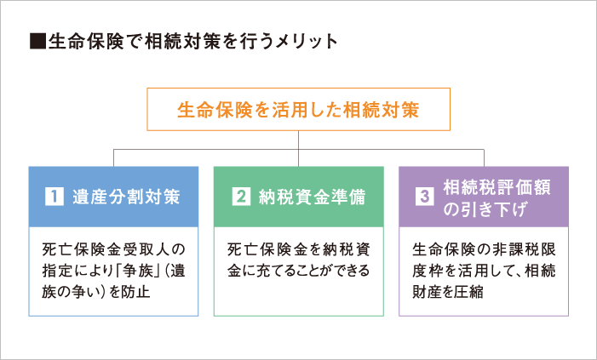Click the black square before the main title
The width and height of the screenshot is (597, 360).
coord(37,42)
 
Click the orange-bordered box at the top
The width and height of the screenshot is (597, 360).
coord(298,89)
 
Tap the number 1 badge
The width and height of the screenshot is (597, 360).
coord(54,197)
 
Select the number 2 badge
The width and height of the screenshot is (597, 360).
coord(241,197)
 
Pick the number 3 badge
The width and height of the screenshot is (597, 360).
coord(424,197)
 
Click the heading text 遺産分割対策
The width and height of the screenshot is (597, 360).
coord(126,197)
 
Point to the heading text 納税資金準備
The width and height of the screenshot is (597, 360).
coord(313,197)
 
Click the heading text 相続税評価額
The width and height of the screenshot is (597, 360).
coord(497,187)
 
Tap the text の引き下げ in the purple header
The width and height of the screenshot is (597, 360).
coord(485,209)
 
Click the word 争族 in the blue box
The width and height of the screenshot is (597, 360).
coord(137,271)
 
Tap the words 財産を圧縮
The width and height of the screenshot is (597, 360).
coord(448,292)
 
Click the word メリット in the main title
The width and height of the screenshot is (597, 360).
coord(307,42)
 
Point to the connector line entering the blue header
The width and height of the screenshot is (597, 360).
coord(113,158)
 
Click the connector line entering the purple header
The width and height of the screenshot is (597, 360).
coord(484,158)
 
